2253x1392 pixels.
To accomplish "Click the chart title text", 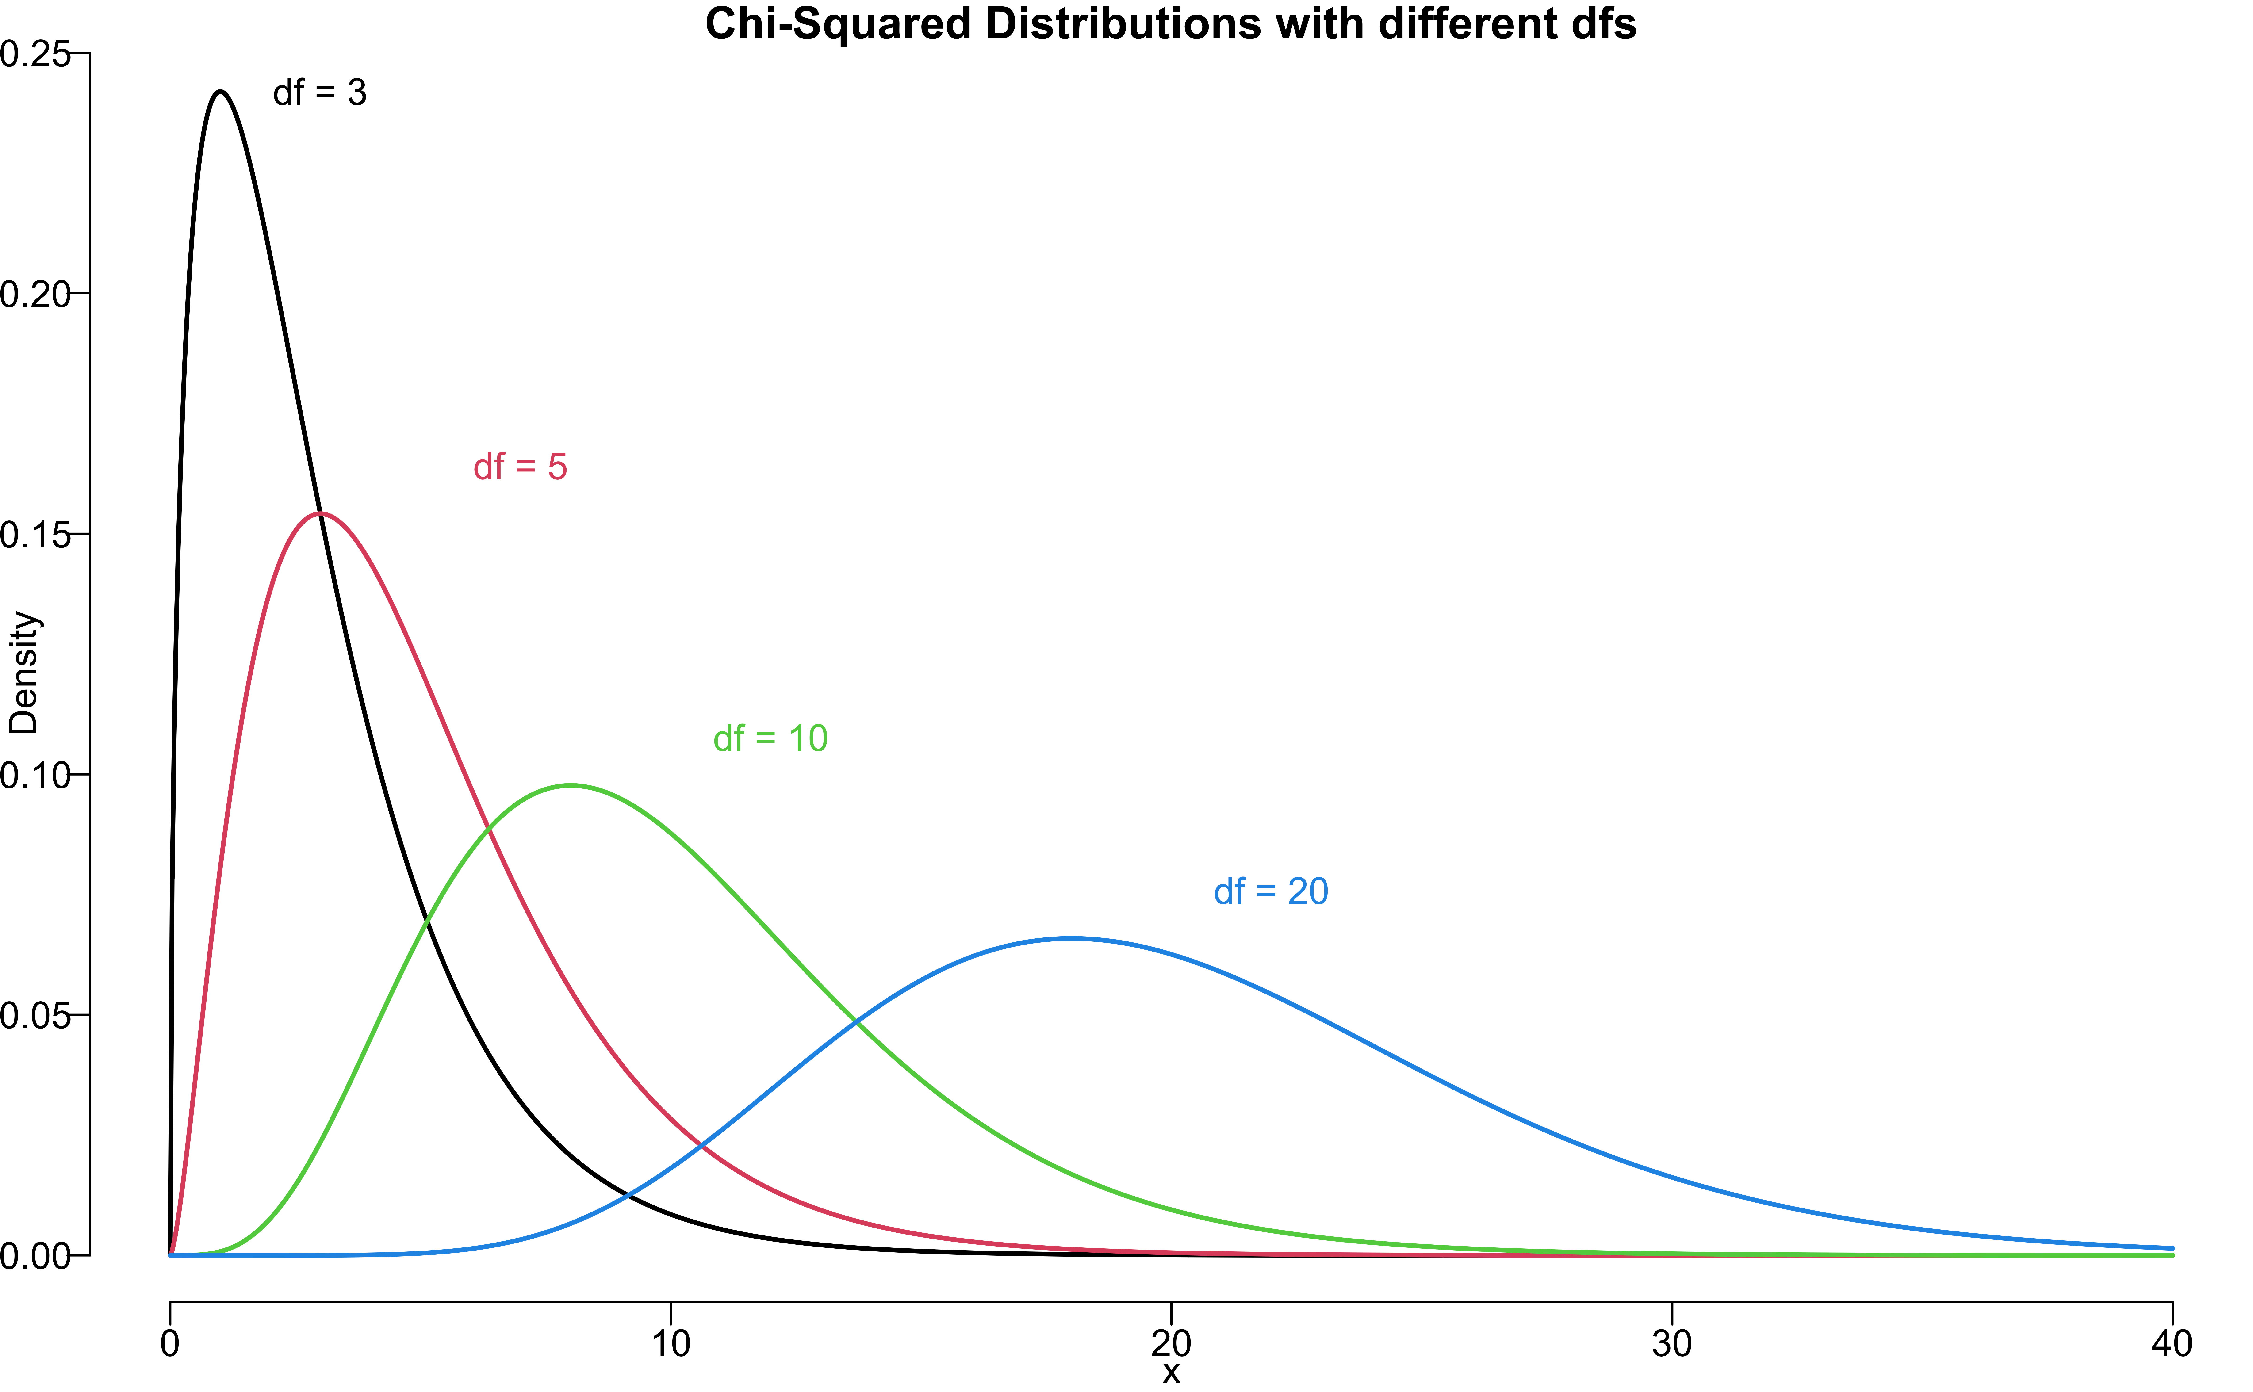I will pos(1170,24).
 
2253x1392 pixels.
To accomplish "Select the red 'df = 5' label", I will pos(520,468).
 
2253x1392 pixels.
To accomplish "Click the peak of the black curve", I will pos(220,91).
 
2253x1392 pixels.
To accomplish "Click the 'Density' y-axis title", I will pos(24,673).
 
